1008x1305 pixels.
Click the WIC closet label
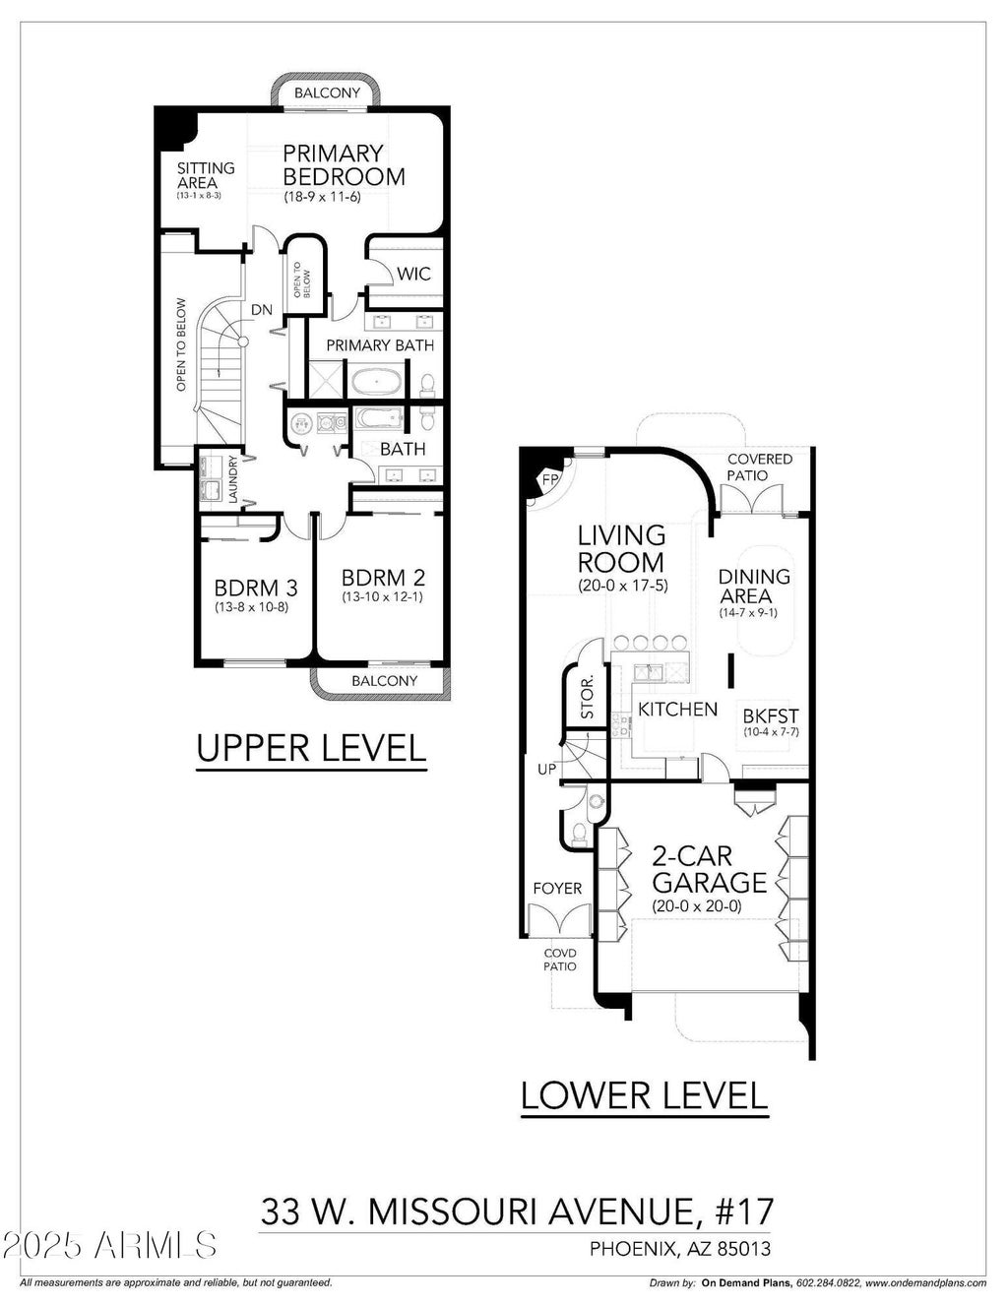click(x=413, y=274)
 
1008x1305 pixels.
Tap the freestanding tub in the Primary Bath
click(x=377, y=381)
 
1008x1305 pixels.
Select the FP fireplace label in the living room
click(x=549, y=480)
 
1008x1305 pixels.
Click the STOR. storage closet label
click(x=587, y=697)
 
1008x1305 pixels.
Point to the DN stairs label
click(x=261, y=310)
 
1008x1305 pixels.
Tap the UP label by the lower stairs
click(x=546, y=769)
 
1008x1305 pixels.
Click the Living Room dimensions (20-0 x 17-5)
click(x=623, y=586)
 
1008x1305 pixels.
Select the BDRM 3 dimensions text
click(x=252, y=607)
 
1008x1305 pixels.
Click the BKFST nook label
click(x=771, y=715)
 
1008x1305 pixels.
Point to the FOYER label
click(x=557, y=889)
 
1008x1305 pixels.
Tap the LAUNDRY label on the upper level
click(x=233, y=478)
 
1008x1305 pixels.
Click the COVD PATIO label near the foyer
click(x=560, y=960)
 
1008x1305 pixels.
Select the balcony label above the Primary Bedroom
click(x=328, y=93)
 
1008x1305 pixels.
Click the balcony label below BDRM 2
click(x=385, y=680)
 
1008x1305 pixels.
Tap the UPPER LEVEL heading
click(x=311, y=748)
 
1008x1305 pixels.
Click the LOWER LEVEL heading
click(x=644, y=1094)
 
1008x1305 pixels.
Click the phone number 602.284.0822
click(x=829, y=1283)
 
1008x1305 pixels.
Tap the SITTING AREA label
click(x=206, y=175)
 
